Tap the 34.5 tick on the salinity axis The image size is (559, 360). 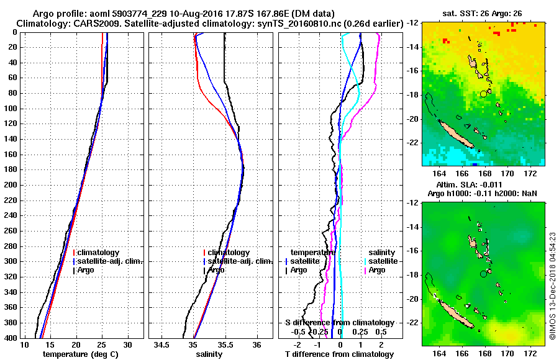(x=162, y=344)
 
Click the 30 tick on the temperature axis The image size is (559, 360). (x=127, y=344)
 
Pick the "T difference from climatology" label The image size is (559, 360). (x=339, y=354)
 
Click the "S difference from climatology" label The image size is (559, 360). (x=339, y=323)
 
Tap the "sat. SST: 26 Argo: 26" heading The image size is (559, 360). (x=483, y=12)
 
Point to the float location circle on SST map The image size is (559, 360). (x=483, y=94)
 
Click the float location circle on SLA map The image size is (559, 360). (x=483, y=274)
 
